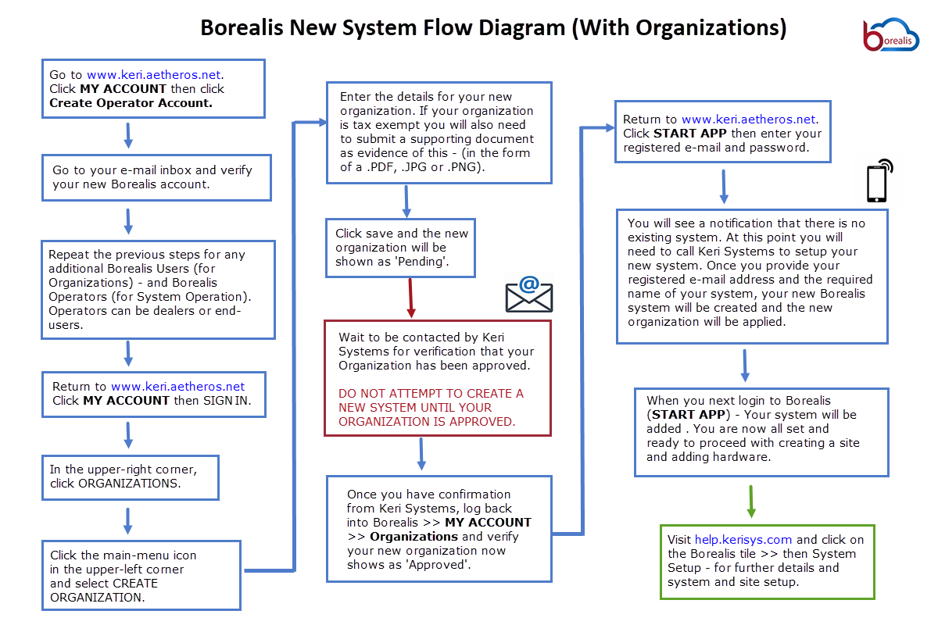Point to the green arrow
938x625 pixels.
[x=751, y=501]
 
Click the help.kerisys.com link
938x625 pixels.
[x=743, y=540]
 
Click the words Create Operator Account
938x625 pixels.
[x=131, y=103]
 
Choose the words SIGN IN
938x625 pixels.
[x=232, y=401]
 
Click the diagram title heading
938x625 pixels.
[x=493, y=28]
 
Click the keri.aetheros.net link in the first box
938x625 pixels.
[x=155, y=75]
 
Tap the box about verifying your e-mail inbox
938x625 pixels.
[x=156, y=177]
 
